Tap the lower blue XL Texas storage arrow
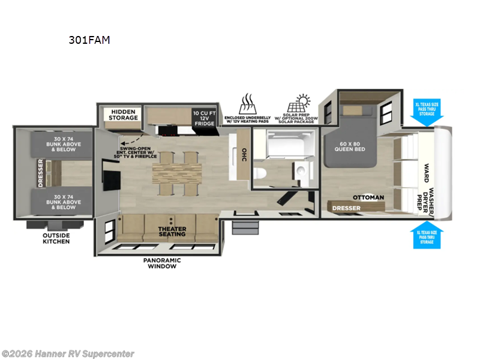427,235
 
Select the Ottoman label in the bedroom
368,197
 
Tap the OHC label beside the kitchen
243,154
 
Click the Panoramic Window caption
162,263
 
